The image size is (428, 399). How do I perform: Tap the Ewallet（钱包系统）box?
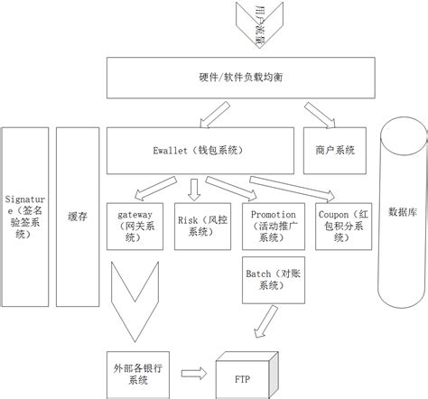(x=199, y=151)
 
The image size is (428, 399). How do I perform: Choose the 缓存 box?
(x=77, y=217)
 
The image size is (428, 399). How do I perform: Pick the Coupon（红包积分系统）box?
(x=339, y=224)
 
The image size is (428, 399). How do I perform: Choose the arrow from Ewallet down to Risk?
(x=193, y=188)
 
